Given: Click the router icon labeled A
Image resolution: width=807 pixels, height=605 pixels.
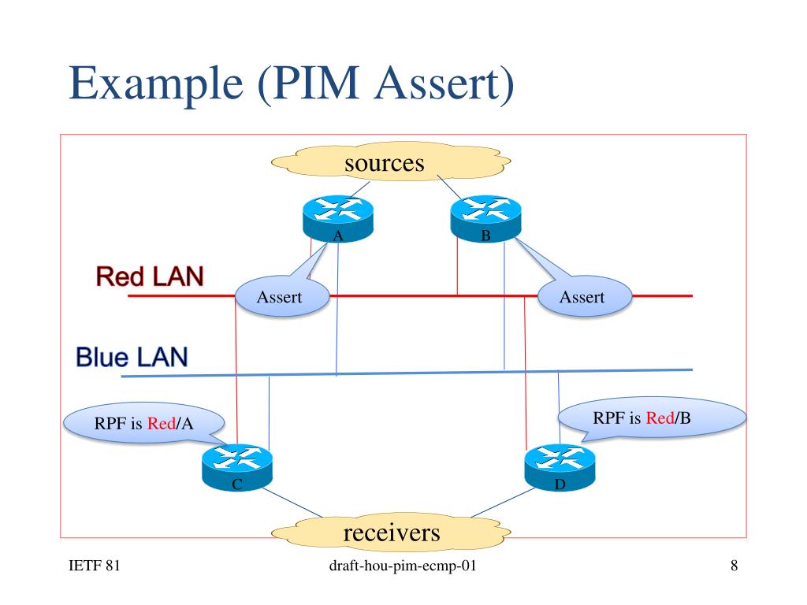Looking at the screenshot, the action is point(338,219).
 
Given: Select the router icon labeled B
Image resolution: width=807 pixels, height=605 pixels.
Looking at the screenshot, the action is point(485,219).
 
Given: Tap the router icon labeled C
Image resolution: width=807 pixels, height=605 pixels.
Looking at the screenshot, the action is point(237,468).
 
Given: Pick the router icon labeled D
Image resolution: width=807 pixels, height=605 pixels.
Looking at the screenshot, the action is point(560,468).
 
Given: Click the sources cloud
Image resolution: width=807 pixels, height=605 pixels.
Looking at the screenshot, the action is point(391,161).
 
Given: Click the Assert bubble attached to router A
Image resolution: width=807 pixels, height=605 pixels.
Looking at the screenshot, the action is point(282,297).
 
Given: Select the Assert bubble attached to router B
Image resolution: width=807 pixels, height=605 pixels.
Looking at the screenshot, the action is point(585,297).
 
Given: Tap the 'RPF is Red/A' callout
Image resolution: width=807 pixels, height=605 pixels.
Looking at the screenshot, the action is point(143,423).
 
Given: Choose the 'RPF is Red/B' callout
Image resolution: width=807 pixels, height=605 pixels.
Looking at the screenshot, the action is point(652,418).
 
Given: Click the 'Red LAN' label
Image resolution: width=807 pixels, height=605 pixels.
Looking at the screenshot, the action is point(150,277).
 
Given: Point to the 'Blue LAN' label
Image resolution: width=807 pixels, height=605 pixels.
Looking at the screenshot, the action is point(132,357).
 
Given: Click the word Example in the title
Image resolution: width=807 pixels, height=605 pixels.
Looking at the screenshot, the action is point(156,84).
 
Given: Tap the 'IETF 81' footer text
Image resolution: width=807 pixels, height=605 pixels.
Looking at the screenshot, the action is point(95,566).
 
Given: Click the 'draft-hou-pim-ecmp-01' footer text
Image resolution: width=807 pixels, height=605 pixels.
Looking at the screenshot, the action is point(403,566).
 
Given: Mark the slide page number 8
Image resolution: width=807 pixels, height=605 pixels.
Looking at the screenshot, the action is point(734,566).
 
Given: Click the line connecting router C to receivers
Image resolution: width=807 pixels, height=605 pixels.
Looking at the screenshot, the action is point(292,502).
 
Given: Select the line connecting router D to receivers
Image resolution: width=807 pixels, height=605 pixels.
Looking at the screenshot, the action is point(504,502).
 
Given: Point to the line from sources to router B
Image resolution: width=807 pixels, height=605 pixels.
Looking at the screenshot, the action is point(450,187).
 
